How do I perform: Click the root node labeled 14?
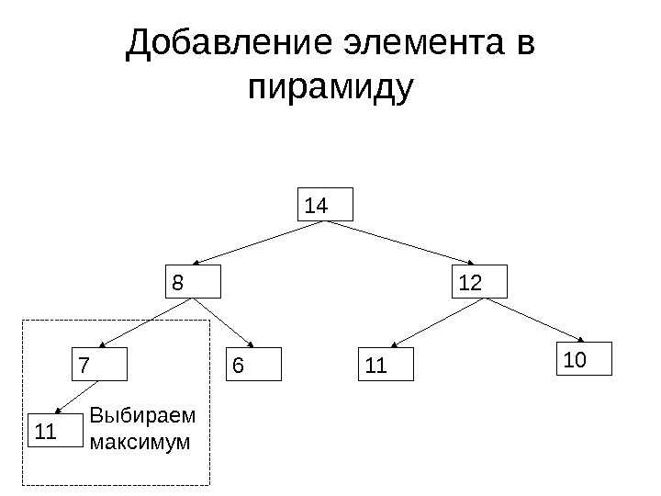pos(328,206)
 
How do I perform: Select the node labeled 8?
pos(194,283)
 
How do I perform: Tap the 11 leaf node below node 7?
pos(57,431)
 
